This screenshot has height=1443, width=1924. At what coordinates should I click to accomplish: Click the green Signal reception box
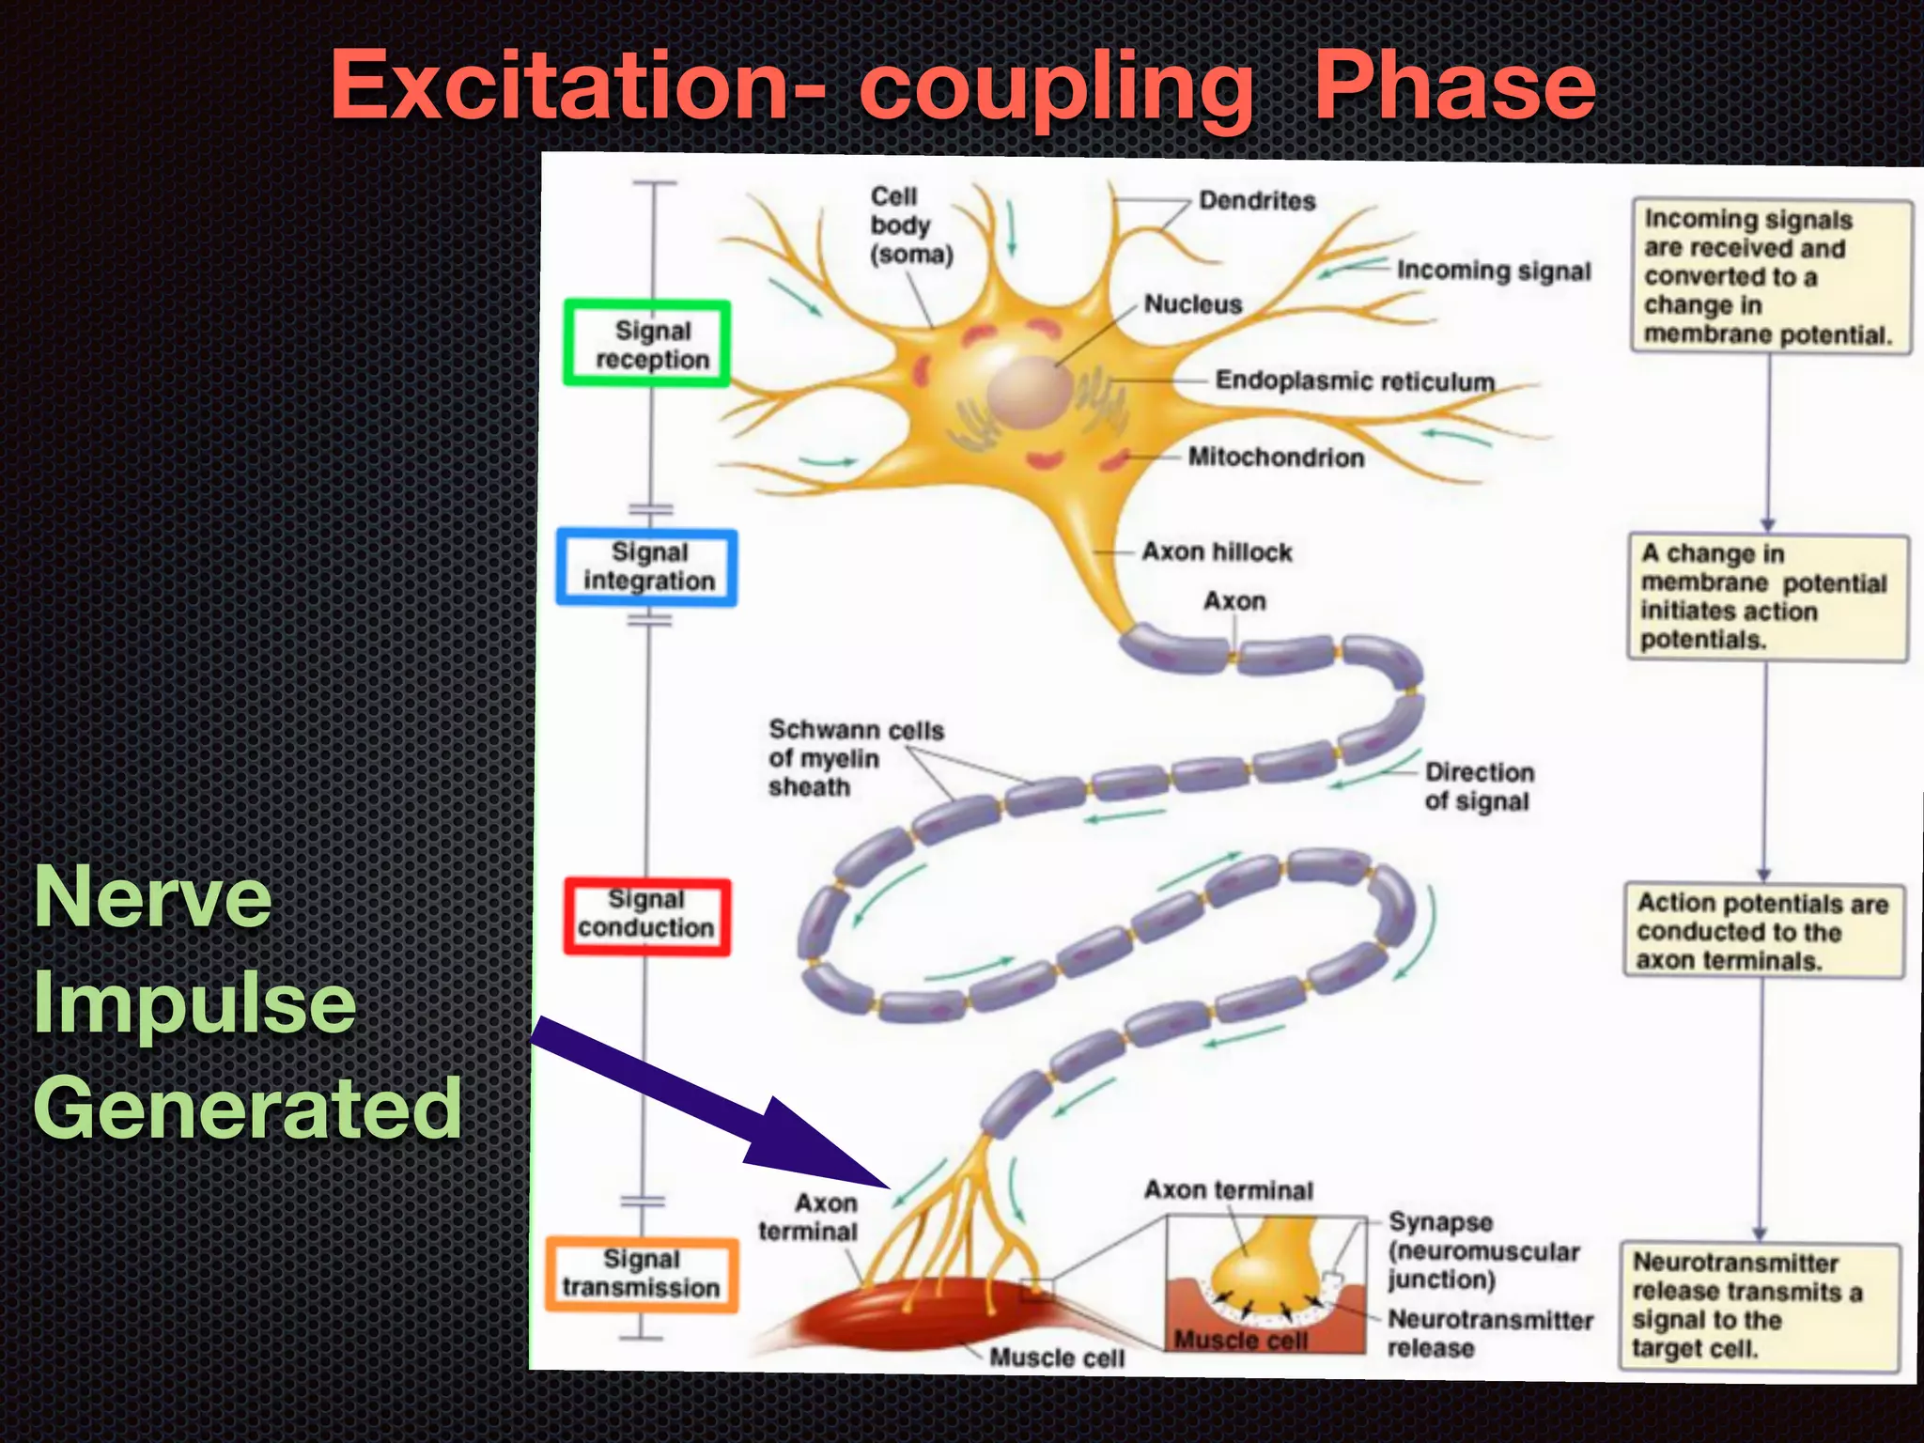647,344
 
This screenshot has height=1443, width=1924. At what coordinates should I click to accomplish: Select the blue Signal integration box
647,566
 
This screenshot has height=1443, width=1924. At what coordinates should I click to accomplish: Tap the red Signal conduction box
646,915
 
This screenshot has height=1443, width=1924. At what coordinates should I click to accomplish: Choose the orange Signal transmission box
642,1274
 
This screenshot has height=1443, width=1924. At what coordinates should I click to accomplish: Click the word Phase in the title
1454,86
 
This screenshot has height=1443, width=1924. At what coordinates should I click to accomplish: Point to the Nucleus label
1192,304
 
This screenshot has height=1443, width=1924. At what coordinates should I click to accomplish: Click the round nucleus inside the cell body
1030,395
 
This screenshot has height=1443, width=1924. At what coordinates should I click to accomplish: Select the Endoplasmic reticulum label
1354,380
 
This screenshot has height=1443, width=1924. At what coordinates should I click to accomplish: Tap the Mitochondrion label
1276,458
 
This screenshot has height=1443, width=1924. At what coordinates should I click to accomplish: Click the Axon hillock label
1217,551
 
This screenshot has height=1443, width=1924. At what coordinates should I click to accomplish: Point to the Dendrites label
1257,201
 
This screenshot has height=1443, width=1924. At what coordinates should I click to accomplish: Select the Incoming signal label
1493,271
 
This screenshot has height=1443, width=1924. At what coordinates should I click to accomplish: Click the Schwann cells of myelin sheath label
855,757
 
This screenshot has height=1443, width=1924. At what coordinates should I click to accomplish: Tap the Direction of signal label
1479,786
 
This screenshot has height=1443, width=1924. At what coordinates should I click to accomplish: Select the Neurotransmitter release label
1489,1333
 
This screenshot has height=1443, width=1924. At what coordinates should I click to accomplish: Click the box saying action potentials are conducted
1762,931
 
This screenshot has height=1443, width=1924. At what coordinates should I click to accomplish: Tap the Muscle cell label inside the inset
1240,1340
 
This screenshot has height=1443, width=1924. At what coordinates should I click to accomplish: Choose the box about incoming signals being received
1770,276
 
